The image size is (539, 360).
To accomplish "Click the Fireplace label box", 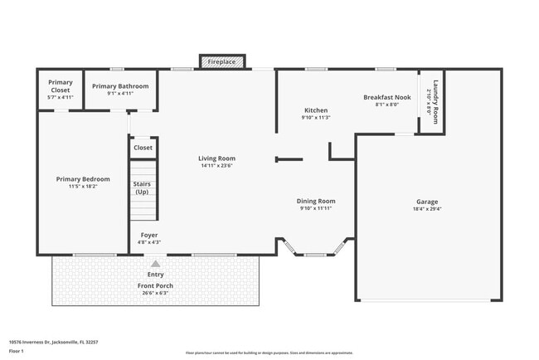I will pos(221,62).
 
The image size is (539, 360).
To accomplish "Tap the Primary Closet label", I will pos(60,83).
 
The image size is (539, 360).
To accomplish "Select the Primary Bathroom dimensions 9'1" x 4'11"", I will pos(120,94).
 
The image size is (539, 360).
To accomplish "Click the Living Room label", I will pos(216,158).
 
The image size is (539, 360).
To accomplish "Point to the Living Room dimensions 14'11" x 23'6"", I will pos(216,165).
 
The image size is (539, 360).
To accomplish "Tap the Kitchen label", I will pos(315,110).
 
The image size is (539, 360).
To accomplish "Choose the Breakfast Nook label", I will pos(386,97).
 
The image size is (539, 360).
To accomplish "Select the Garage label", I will pos(427,202).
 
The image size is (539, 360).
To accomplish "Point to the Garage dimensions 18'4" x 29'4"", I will pos(427,209).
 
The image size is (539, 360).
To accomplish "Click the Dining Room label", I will pos(316,201).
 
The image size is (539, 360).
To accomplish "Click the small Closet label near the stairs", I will pos(143,148).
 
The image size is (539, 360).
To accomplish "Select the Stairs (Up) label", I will pos(141,187).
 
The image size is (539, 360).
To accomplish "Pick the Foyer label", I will pos(149,235).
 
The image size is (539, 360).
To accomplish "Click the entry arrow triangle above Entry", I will pos(155,264).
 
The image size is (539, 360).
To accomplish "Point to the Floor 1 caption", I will pos(17,351).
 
